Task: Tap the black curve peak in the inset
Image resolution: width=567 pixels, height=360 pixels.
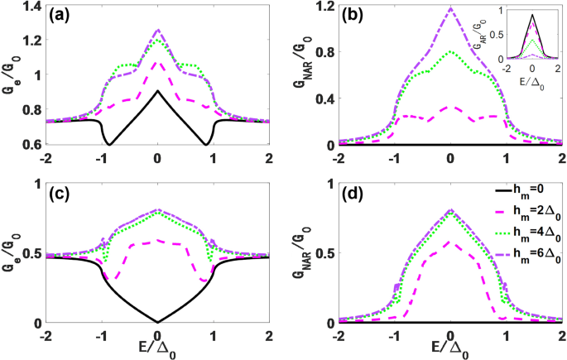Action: tap(533, 15)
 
